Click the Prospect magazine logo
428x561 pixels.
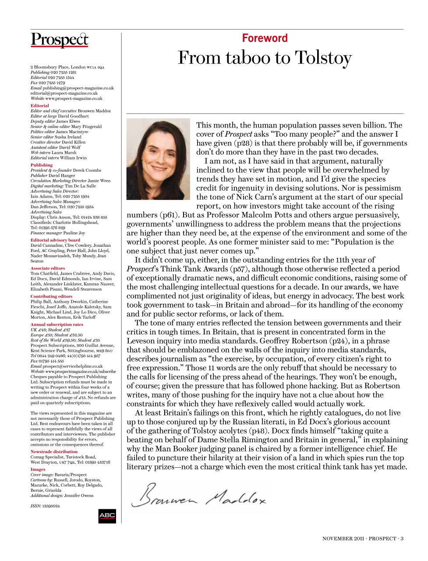pyautogui.click(x=60, y=40)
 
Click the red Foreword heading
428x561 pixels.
pyautogui.click(x=265, y=38)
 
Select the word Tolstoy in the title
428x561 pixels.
pyautogui.click(x=323, y=58)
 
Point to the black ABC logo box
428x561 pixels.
pyautogui.click(x=107, y=515)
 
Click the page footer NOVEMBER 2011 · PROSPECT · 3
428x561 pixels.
pyautogui.click(x=362, y=539)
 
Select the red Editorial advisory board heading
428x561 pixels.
pyautogui.click(x=55, y=240)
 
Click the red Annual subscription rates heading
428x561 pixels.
pyautogui.click(x=57, y=324)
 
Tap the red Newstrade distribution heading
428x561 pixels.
pyautogui.click(x=54, y=451)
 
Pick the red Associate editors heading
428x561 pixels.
pyautogui.click(x=48, y=268)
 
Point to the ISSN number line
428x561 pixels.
pyautogui.click(x=45, y=506)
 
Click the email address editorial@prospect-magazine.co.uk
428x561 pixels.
pyautogui.click(x=64, y=93)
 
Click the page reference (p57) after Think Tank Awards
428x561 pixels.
pyautogui.click(x=238, y=269)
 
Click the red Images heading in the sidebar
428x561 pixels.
pyautogui.click(x=38, y=469)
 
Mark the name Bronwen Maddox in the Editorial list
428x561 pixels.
pyautogui.click(x=94, y=111)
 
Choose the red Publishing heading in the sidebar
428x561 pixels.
pyautogui.click(x=42, y=165)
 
